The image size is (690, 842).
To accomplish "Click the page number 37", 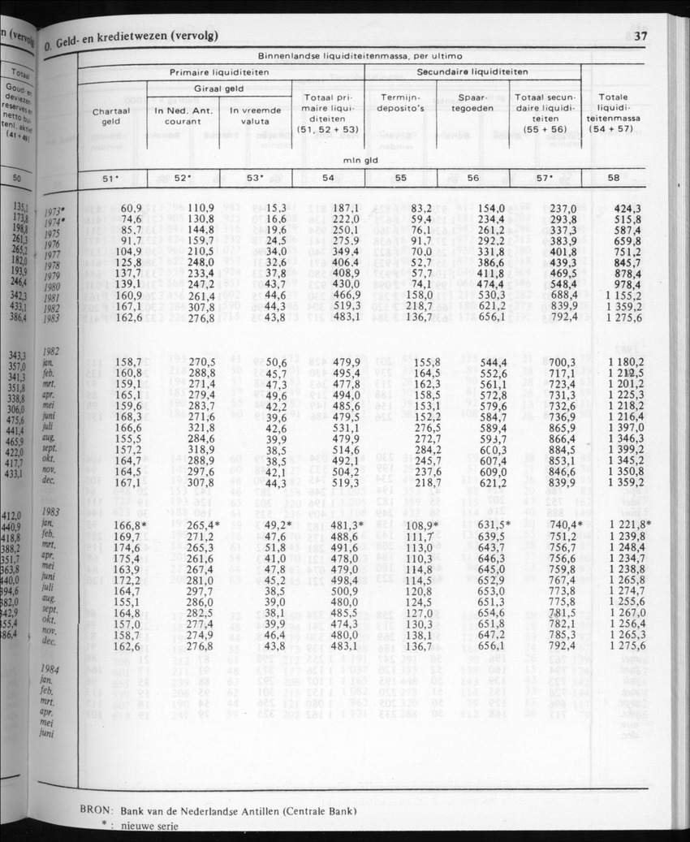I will (640, 35).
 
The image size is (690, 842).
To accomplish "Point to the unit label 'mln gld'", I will (360, 161).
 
